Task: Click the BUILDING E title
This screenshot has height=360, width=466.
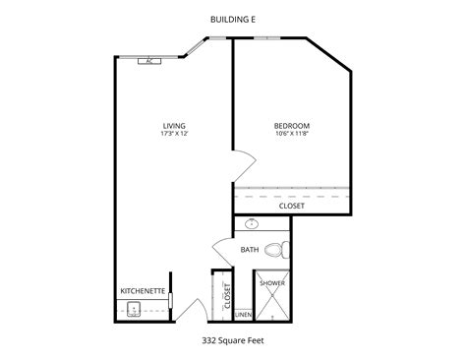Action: tap(232, 18)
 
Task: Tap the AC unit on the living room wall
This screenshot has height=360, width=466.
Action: tap(149, 61)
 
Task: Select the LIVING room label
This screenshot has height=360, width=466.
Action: tap(173, 125)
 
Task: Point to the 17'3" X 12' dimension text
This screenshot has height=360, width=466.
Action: tap(173, 135)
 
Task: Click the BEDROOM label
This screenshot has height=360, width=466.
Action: tap(292, 125)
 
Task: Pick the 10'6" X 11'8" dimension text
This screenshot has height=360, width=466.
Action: tap(292, 135)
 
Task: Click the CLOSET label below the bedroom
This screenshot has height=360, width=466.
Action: tap(292, 207)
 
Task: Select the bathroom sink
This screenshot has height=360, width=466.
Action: tap(251, 224)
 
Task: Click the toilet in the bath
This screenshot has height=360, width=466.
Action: tap(284, 248)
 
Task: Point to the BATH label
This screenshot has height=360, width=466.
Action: tap(250, 250)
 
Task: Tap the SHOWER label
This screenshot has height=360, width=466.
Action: tap(272, 283)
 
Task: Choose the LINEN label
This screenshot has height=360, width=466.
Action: tap(243, 314)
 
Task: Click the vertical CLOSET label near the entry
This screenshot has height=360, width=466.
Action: tap(226, 295)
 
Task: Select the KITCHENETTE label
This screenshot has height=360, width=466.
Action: tap(141, 291)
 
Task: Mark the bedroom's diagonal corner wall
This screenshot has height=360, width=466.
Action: tap(331, 55)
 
